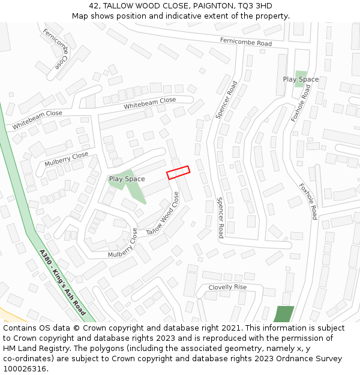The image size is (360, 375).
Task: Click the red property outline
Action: click(x=178, y=172)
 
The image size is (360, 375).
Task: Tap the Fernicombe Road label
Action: click(x=245, y=42)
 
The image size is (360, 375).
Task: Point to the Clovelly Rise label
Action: click(x=227, y=287)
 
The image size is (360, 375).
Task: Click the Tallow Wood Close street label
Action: click(x=163, y=214)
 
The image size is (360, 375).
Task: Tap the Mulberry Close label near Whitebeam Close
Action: click(x=66, y=160)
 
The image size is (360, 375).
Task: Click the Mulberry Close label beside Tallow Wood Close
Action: click(x=122, y=246)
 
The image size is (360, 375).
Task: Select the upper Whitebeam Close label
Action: click(x=150, y=103)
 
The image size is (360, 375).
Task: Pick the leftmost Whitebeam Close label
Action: click(x=37, y=120)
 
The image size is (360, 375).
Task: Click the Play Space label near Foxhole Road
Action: click(x=301, y=79)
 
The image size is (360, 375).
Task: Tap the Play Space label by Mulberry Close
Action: click(x=127, y=179)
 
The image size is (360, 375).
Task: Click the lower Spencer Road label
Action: click(x=220, y=217)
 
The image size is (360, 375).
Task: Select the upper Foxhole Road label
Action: click(x=301, y=103)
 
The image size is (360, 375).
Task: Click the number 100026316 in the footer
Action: click(x=25, y=368)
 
